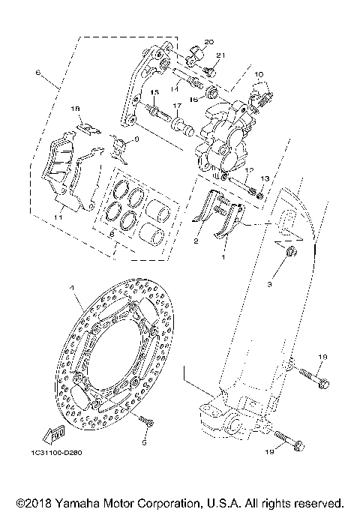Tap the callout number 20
coord(208,40)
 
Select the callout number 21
coord(220,56)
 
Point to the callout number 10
coord(259,74)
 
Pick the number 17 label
coord(178,106)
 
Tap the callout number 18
coord(76,109)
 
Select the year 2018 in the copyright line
coord(37,502)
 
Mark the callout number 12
coord(250,170)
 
